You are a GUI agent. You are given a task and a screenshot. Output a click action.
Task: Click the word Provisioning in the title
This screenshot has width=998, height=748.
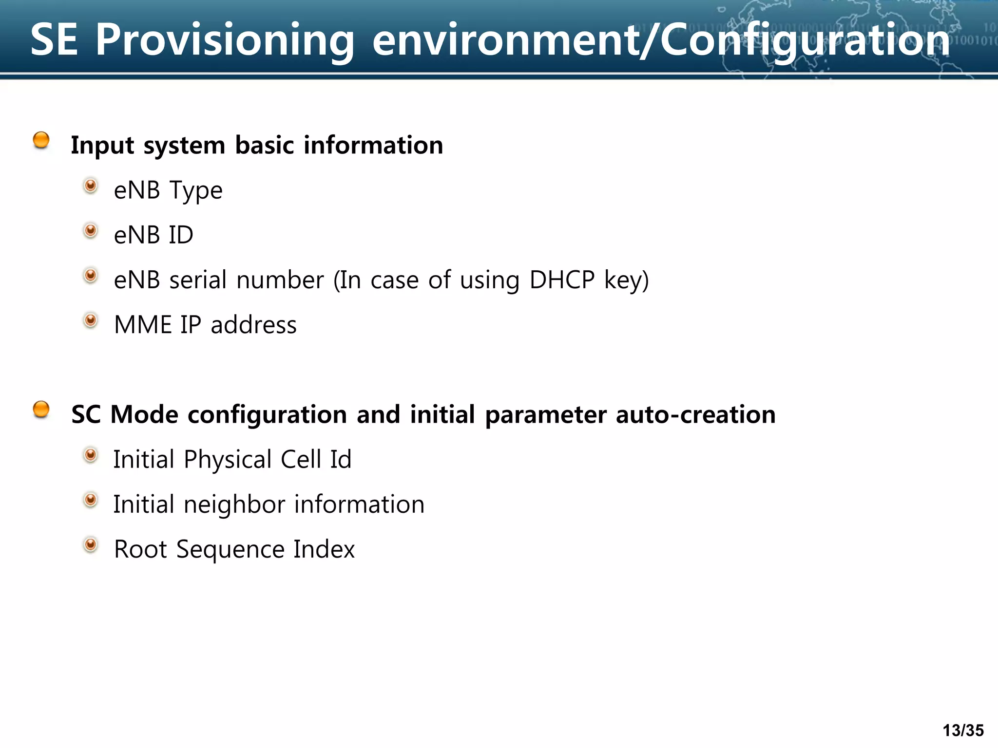224,40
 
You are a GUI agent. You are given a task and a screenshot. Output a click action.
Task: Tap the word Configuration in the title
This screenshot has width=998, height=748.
804,40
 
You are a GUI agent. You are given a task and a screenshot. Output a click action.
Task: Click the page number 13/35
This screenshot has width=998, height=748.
963,730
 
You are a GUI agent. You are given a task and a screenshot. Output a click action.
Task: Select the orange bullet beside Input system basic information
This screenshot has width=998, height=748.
41,140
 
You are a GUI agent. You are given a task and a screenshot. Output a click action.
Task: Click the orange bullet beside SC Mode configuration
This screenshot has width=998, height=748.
41,410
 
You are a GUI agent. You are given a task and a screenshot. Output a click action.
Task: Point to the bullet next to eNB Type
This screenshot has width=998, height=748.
91,186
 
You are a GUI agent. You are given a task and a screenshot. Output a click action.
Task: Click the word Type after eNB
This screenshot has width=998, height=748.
196,190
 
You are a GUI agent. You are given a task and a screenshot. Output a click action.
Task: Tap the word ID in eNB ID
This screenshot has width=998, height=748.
181,235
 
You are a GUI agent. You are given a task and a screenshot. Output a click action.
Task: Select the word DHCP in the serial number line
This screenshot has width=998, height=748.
562,280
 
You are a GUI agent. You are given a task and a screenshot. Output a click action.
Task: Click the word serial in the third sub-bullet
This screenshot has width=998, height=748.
198,280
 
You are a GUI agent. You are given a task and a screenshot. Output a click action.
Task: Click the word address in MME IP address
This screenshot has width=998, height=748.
253,325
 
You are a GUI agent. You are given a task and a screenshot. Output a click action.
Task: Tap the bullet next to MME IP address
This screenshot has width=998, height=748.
91,320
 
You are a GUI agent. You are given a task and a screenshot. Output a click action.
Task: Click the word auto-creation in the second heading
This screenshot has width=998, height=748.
695,414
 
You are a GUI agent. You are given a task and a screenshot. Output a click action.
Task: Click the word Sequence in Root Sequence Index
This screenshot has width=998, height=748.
230,549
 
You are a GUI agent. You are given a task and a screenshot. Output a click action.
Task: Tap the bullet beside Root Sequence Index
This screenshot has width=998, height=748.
91,544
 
